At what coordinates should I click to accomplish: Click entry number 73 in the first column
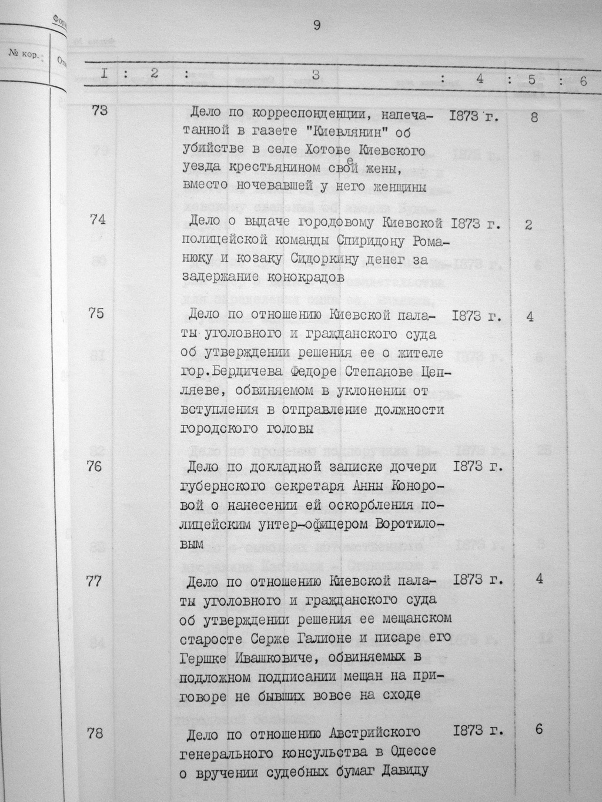click(99, 110)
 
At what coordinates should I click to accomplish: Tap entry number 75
click(96, 313)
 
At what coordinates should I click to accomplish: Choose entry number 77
click(94, 582)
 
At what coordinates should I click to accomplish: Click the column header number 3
click(316, 75)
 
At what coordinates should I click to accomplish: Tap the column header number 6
click(583, 82)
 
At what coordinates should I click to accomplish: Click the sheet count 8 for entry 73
click(534, 118)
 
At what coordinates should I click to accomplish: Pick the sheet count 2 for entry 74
click(529, 224)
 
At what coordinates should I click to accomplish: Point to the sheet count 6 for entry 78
click(539, 730)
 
